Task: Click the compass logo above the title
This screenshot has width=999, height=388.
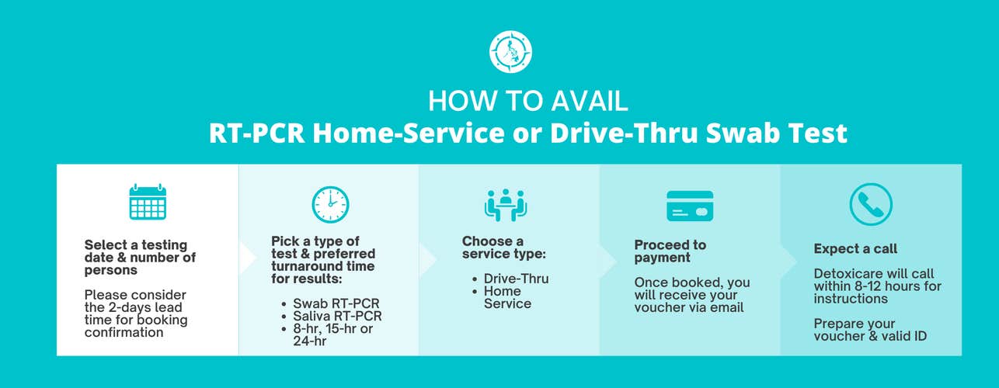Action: pos(510,52)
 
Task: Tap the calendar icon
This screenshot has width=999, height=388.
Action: pos(148,202)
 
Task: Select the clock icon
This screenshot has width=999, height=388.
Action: pos(330,204)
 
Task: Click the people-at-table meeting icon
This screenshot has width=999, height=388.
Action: pos(506,205)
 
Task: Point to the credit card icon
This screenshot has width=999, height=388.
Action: pos(690,206)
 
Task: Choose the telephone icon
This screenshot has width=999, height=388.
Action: pos(871,204)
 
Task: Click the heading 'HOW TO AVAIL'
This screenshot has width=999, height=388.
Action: pos(528,101)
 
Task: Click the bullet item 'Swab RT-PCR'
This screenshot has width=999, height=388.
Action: pos(336,303)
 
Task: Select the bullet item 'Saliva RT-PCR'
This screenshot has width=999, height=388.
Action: pos(337,316)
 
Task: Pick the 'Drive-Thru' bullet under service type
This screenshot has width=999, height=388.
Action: pos(517,279)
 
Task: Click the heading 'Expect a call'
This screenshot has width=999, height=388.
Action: pos(855,248)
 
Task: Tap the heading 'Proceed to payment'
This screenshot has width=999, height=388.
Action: pos(670,251)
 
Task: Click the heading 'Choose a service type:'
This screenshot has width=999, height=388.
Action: pos(504,248)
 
